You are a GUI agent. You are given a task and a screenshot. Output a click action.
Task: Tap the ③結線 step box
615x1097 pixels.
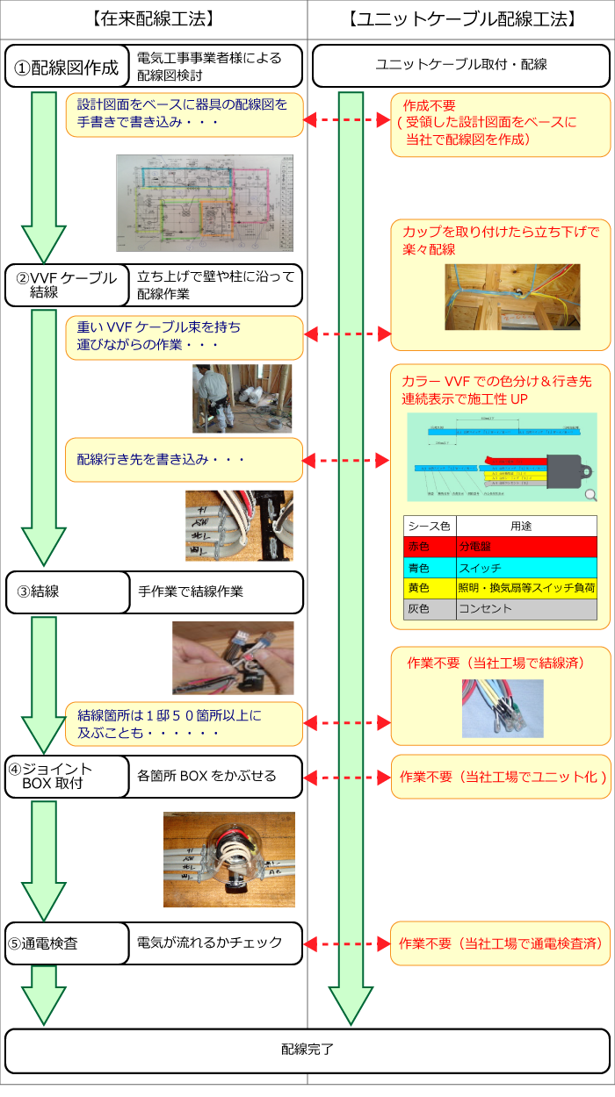(67, 592)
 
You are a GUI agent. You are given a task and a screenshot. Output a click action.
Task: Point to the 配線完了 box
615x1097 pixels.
(307, 1050)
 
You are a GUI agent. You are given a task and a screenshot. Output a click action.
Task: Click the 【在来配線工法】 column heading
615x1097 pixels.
(153, 18)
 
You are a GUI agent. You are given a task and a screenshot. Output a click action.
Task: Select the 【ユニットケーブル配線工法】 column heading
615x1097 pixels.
(461, 18)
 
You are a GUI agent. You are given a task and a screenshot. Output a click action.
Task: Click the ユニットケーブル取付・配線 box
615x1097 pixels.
(461, 66)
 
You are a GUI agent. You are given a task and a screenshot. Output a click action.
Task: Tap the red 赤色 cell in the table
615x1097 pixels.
(429, 547)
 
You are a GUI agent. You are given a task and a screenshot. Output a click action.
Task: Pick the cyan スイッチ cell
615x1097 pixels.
(525, 568)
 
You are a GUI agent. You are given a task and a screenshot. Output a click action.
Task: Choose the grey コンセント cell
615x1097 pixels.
(525, 608)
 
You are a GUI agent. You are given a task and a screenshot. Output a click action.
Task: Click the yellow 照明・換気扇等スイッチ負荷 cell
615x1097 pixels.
(525, 588)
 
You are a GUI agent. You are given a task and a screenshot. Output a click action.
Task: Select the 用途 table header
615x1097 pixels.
(525, 526)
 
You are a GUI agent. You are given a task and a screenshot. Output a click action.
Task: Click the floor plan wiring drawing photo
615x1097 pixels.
(205, 203)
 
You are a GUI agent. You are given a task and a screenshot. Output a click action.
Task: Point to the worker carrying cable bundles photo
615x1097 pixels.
(242, 398)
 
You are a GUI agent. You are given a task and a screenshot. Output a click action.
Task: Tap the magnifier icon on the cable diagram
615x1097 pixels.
(590, 494)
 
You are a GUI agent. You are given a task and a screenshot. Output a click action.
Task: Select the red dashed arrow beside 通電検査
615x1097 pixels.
(347, 945)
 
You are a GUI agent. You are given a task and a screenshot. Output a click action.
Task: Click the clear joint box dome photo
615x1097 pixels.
(229, 859)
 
